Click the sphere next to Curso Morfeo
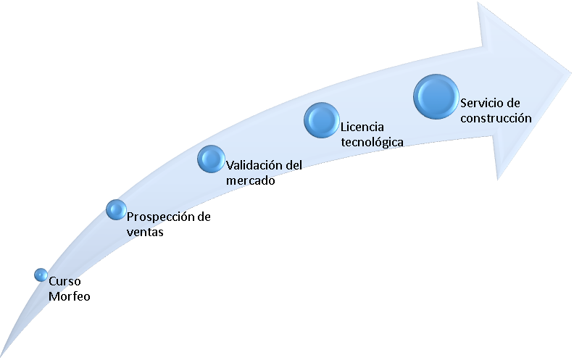click(41, 275)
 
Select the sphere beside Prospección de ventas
click(117, 209)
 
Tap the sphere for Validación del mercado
click(211, 159)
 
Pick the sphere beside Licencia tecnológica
click(321, 120)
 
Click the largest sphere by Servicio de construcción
click(436, 96)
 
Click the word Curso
click(65, 281)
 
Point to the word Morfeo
click(69, 296)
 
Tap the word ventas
click(145, 232)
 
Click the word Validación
click(254, 165)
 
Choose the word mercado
click(250, 180)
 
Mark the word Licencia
click(362, 127)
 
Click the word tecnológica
click(372, 142)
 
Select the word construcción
click(496, 118)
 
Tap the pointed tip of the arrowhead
click(570, 72)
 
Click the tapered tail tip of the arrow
click(1, 356)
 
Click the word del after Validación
click(294, 165)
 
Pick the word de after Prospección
click(204, 217)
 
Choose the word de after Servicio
click(512, 103)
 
